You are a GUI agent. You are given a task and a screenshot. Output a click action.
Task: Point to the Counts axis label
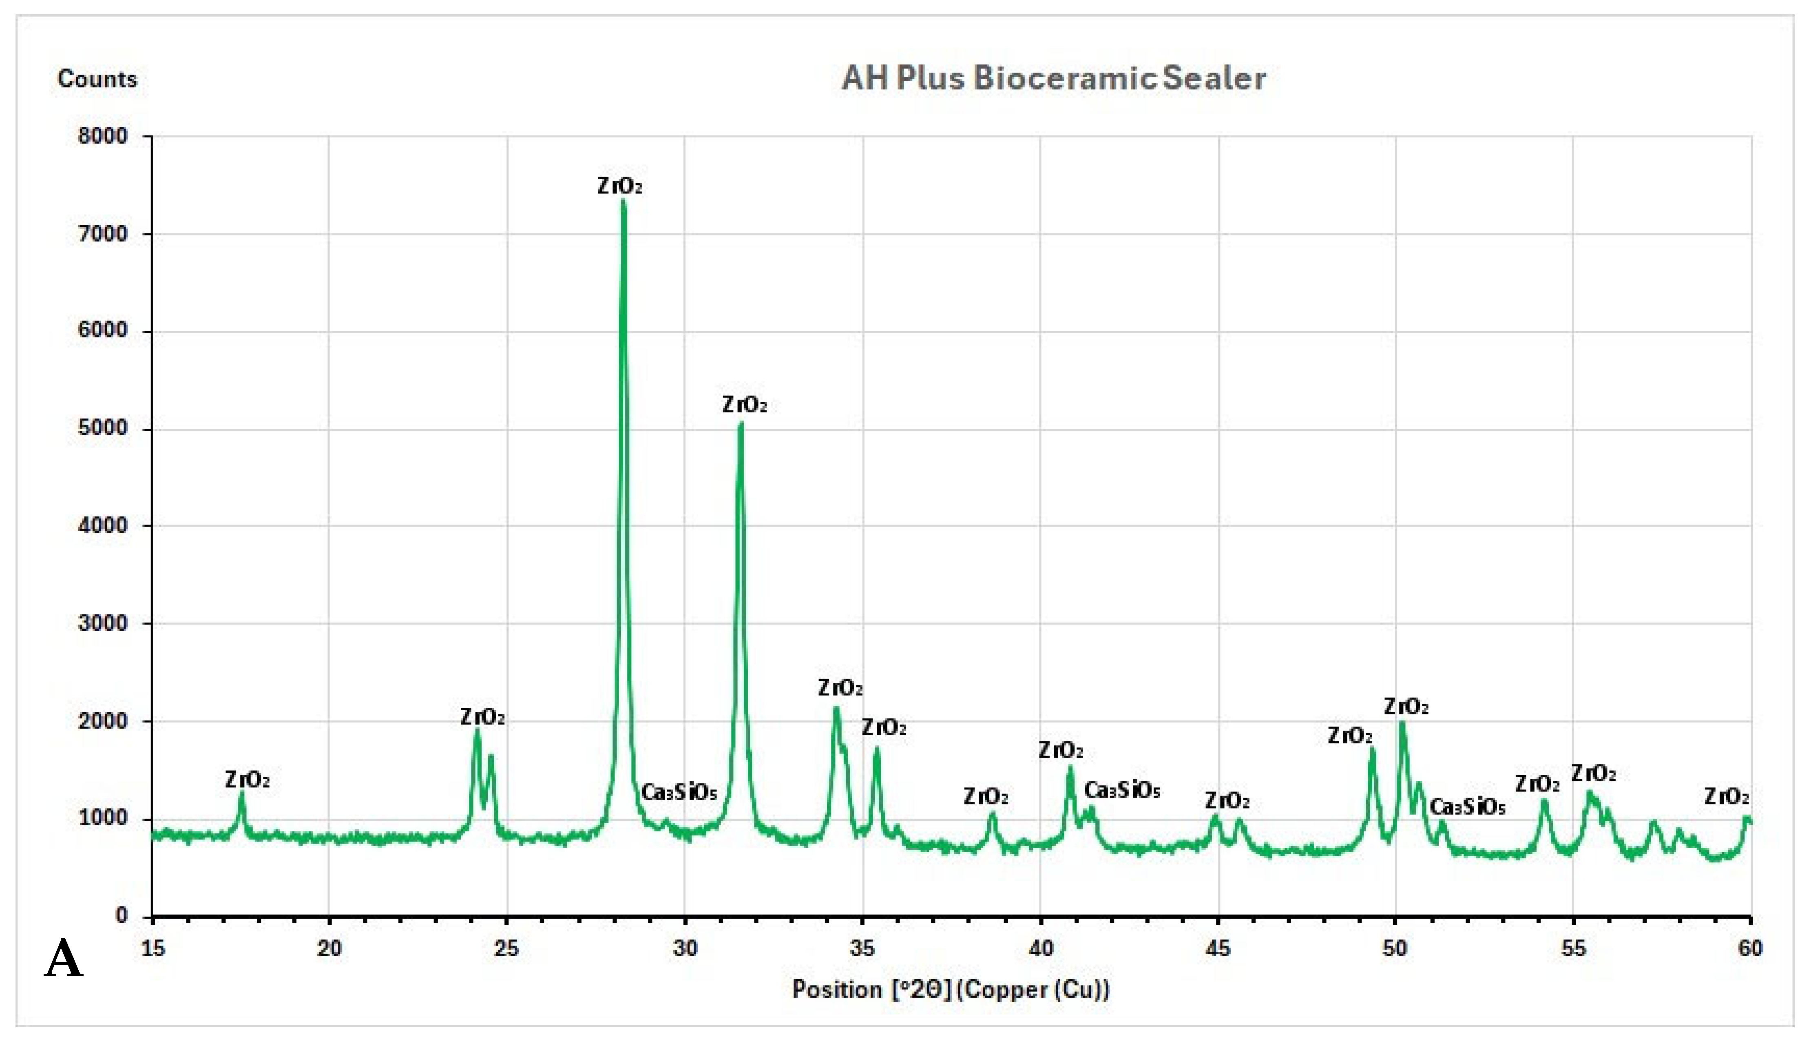(97, 79)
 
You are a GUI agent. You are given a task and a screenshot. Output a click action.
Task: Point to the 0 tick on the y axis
(122, 915)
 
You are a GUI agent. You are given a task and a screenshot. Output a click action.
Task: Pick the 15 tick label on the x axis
(153, 948)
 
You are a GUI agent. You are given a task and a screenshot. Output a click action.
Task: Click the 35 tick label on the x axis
(862, 948)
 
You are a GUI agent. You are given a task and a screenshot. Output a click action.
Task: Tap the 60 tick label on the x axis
(1750, 948)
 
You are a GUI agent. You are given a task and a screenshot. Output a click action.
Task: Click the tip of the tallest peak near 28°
(623, 200)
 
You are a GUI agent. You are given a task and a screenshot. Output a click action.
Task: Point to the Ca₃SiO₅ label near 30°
(679, 792)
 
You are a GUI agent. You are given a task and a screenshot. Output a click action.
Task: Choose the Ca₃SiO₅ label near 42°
(1122, 790)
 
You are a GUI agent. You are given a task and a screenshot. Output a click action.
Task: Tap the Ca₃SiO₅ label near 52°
(1467, 807)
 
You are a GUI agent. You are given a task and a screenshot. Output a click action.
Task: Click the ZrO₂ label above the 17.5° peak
(247, 780)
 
